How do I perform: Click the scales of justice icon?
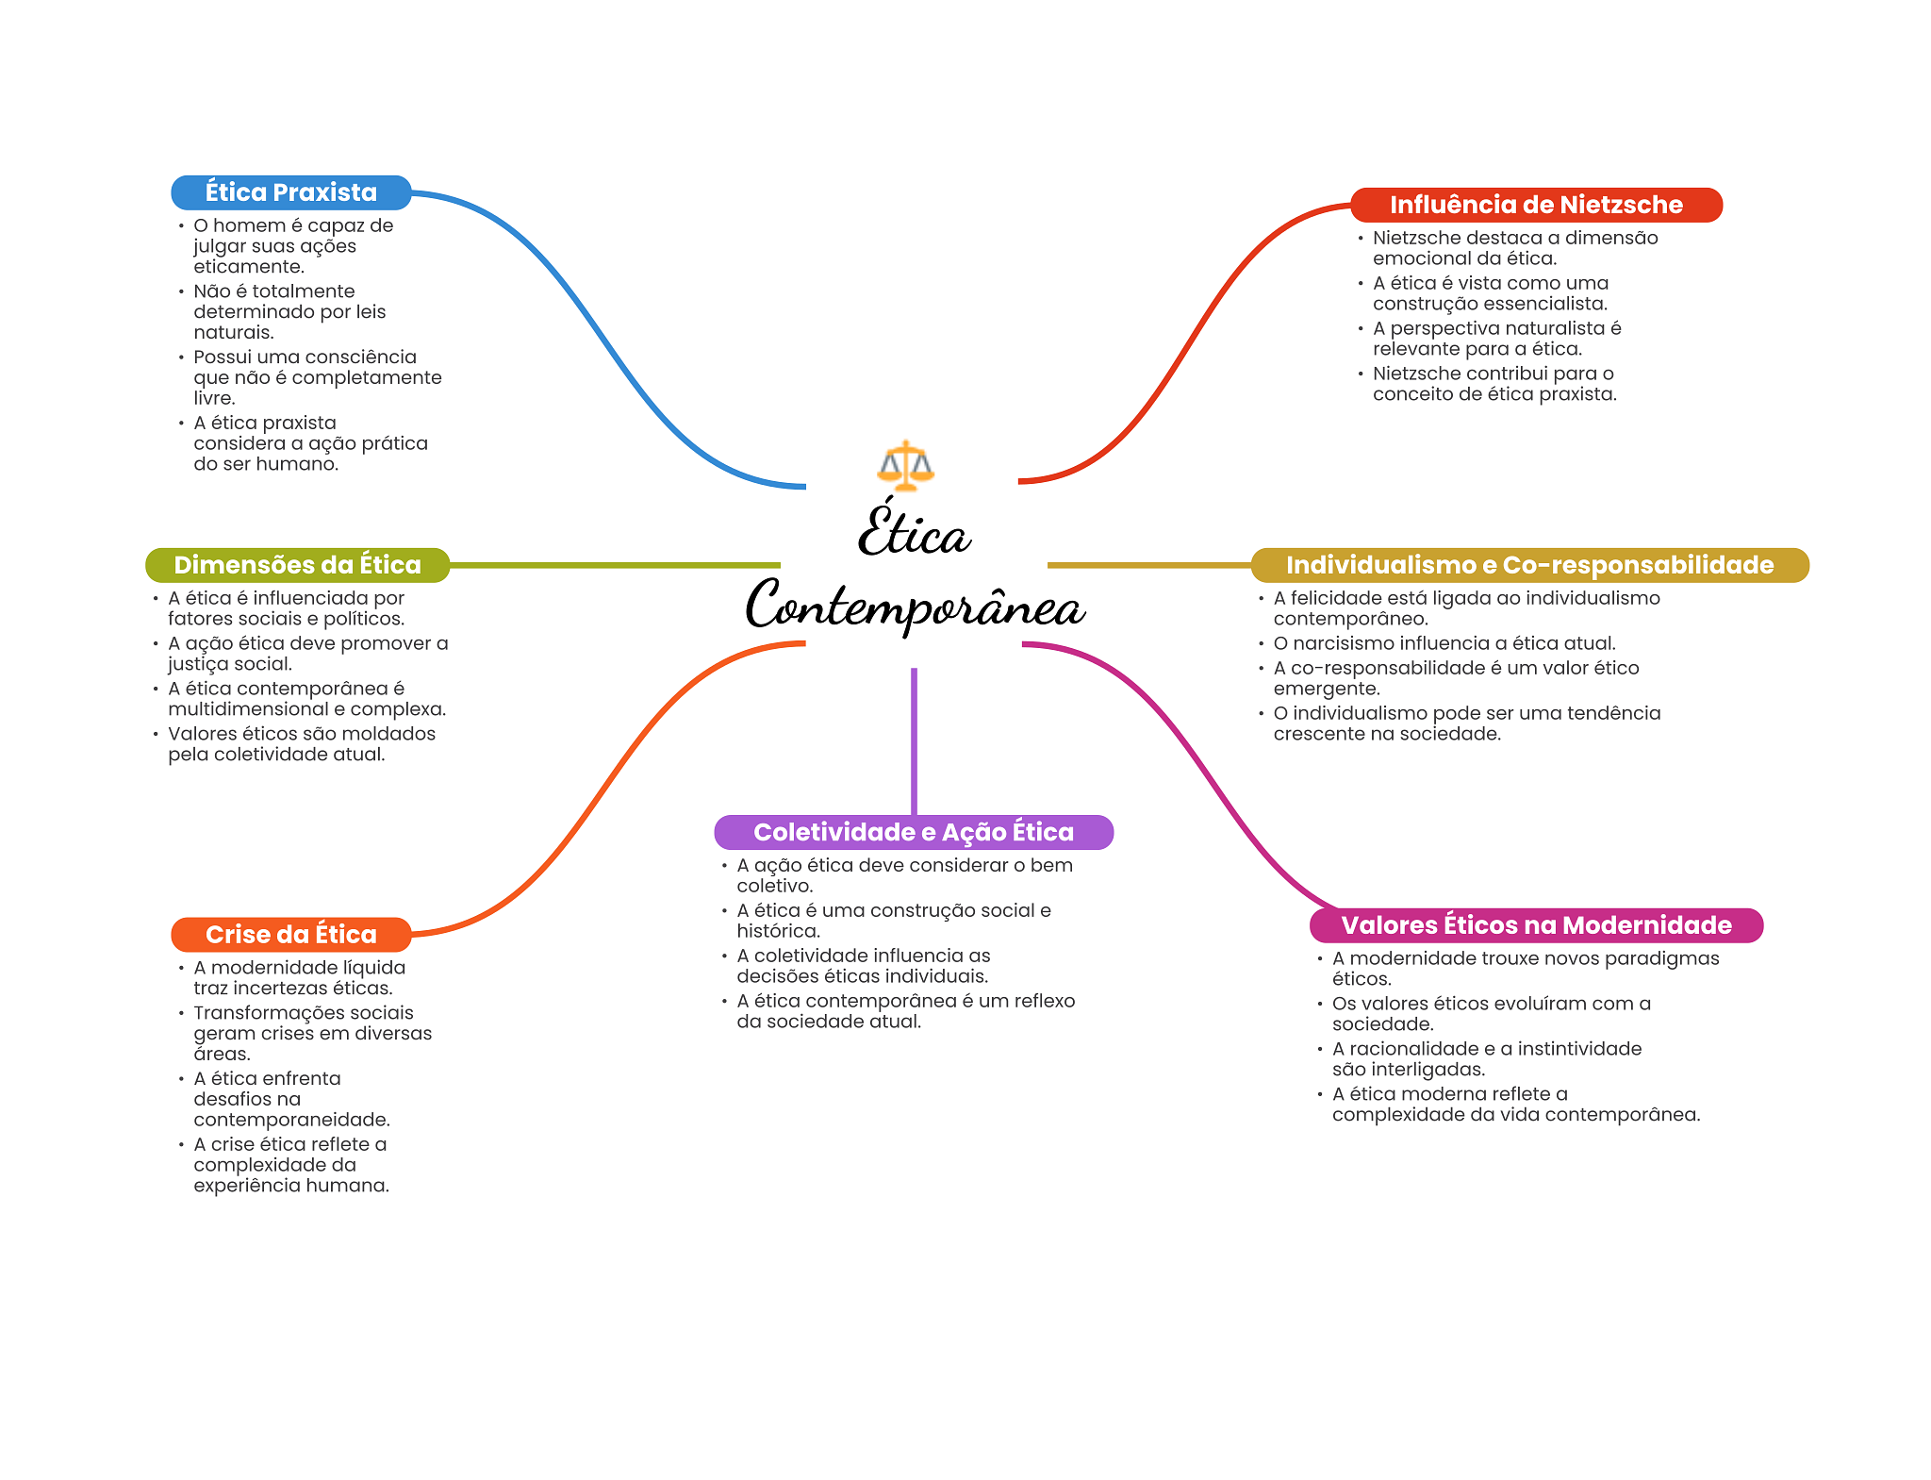pos(905,465)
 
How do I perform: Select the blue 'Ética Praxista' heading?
pos(291,192)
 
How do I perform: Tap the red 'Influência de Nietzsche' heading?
pos(1536,205)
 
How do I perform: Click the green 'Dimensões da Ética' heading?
pos(297,565)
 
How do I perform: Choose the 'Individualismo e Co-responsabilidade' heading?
pos(1529,565)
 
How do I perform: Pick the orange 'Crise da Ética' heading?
pos(291,935)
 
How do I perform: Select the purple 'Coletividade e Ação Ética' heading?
pos(914,832)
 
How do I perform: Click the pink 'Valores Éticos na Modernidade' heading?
pos(1536,925)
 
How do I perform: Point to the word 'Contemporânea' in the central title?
pos(915,605)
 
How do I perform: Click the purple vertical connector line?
pos(914,741)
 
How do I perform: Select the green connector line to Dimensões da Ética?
pos(615,565)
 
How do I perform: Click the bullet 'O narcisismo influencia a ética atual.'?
pos(1444,643)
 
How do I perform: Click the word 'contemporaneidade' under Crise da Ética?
pos(291,1120)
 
